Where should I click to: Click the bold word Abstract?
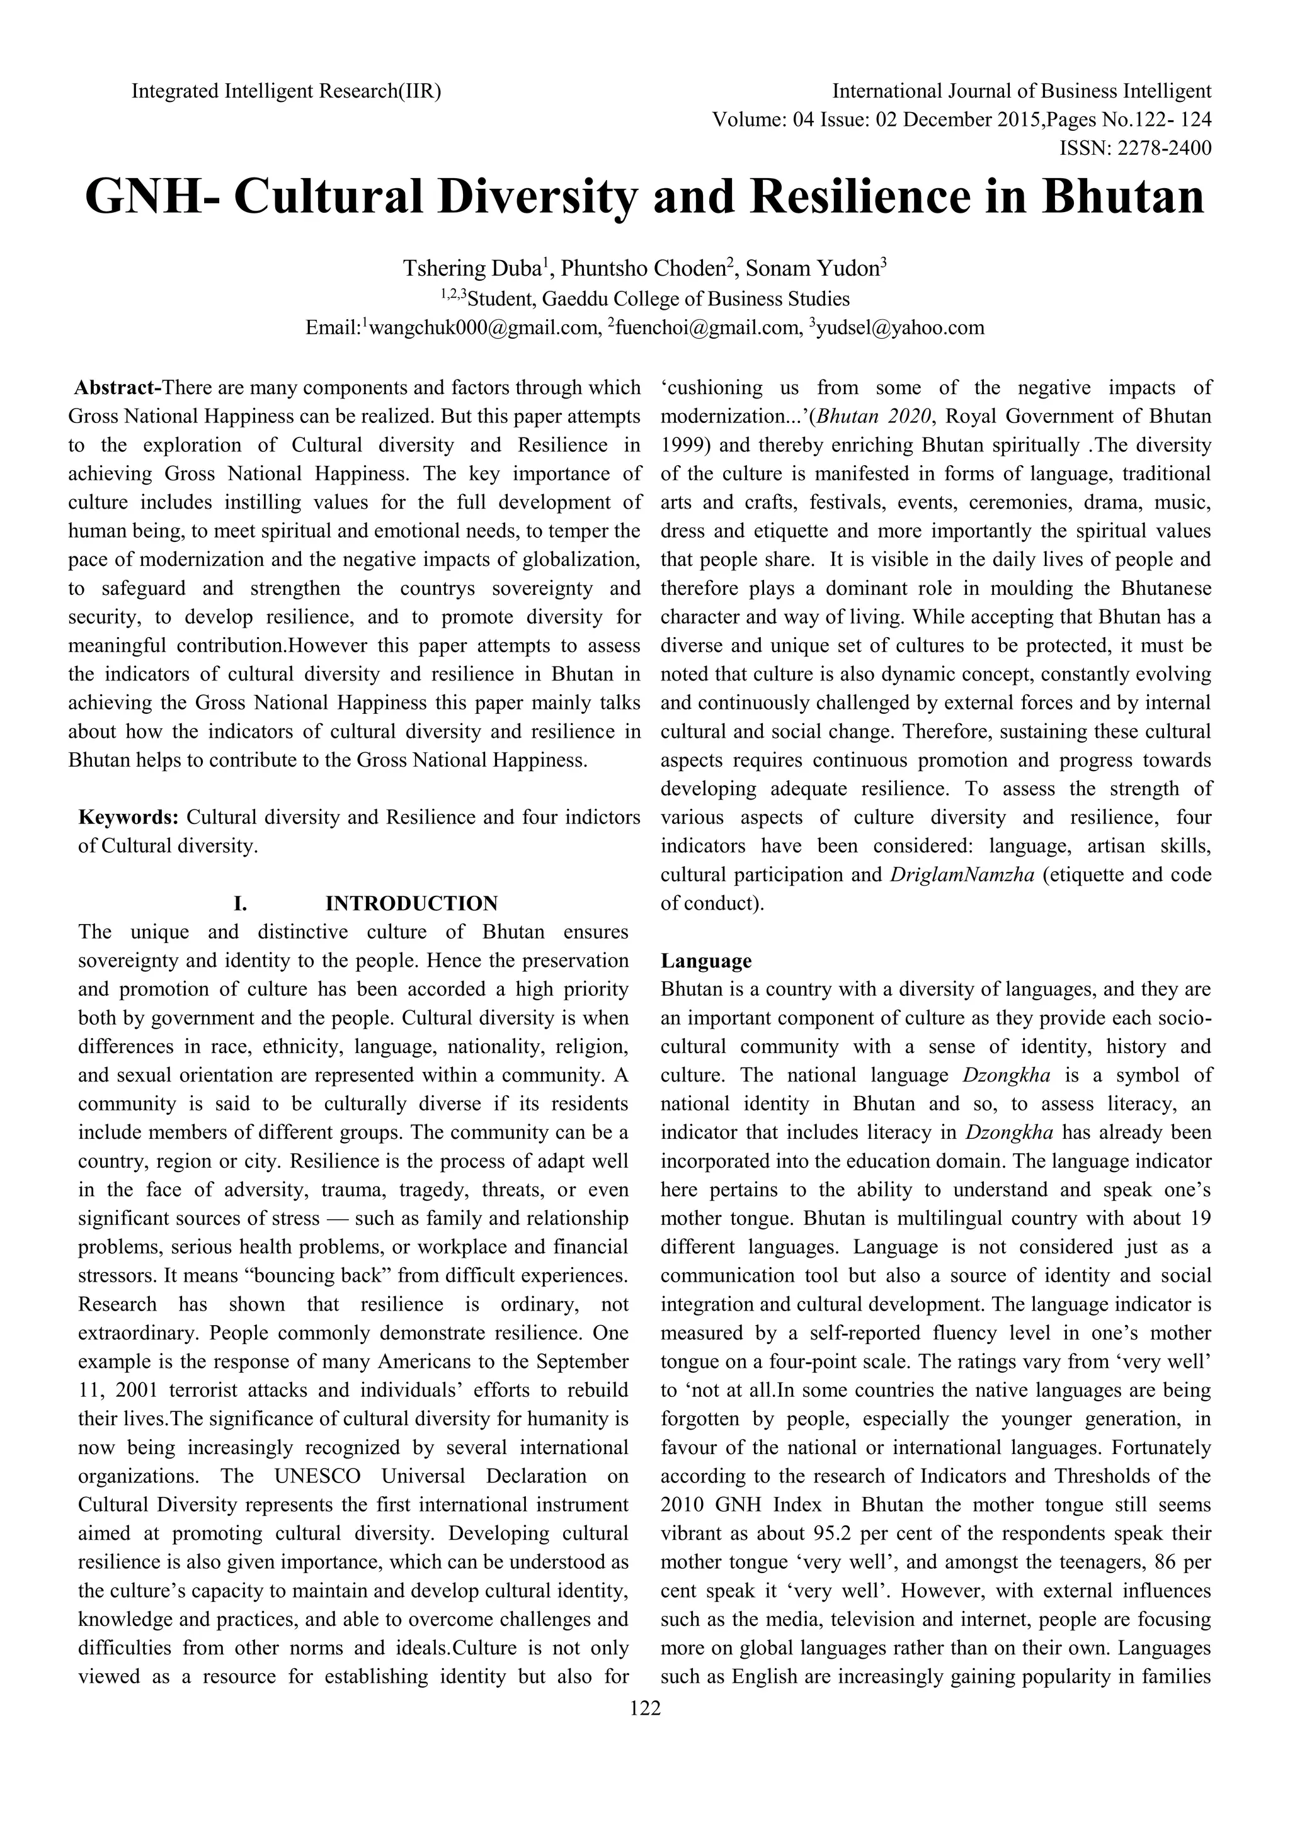tap(116, 388)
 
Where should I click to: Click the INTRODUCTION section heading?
tap(411, 903)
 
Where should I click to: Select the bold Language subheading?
tap(706, 961)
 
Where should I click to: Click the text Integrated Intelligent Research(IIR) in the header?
tap(286, 91)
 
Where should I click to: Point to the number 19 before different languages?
tap(1200, 1218)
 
